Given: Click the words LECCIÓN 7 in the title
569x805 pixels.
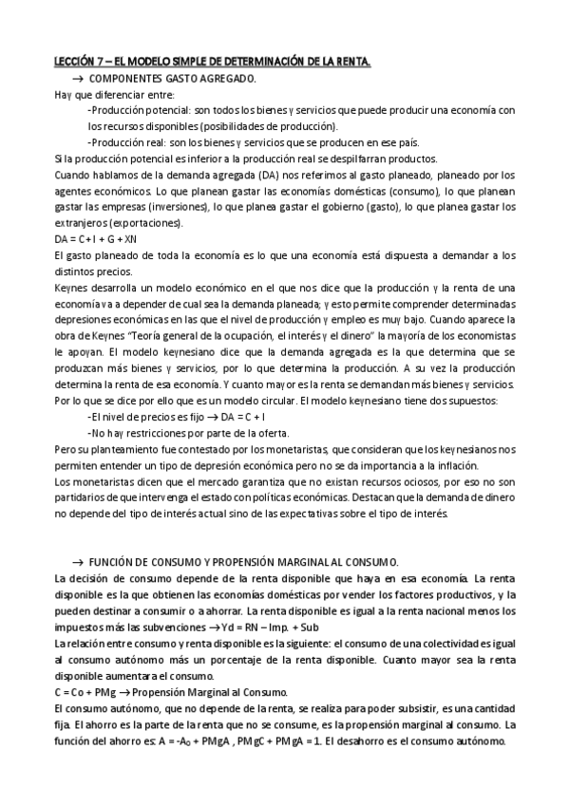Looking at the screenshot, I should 79,62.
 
